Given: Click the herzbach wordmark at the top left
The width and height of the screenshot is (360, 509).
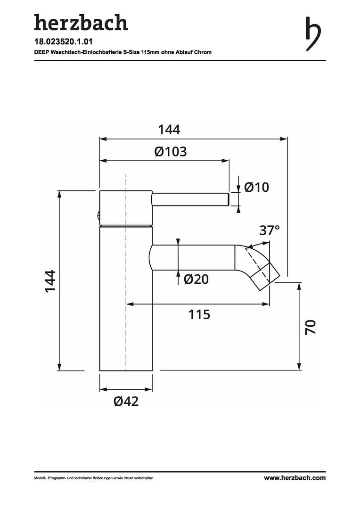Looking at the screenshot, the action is (x=81, y=23).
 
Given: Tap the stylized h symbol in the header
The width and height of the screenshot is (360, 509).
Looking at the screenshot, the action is (x=313, y=34).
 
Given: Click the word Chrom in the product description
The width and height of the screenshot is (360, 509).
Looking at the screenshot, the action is (x=204, y=52).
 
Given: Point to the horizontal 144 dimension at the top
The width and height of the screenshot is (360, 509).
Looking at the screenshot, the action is (x=169, y=130).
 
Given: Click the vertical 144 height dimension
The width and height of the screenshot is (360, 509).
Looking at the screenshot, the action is (x=50, y=281).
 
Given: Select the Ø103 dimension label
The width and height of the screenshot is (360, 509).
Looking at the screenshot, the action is (x=171, y=152).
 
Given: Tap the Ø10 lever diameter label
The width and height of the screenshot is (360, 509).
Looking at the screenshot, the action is (x=256, y=187).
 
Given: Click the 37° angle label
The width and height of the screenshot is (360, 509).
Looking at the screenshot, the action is (x=270, y=230).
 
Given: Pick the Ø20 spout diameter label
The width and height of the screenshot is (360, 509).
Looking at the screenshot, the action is (x=196, y=279).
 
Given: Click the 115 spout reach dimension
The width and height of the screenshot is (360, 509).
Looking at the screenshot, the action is (x=199, y=314).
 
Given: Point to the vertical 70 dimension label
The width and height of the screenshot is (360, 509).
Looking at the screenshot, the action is (x=311, y=327).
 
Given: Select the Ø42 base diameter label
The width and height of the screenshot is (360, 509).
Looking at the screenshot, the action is (x=126, y=401).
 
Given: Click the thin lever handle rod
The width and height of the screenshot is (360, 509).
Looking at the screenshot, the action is (x=190, y=199).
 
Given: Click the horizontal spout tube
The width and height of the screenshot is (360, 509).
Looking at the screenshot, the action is (x=193, y=257).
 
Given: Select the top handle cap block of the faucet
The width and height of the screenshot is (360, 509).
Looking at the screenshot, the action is (x=126, y=207).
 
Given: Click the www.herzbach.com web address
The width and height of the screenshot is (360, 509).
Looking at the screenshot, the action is (x=295, y=477).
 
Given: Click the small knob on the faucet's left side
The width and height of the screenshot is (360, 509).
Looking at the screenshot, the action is (x=98, y=215).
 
